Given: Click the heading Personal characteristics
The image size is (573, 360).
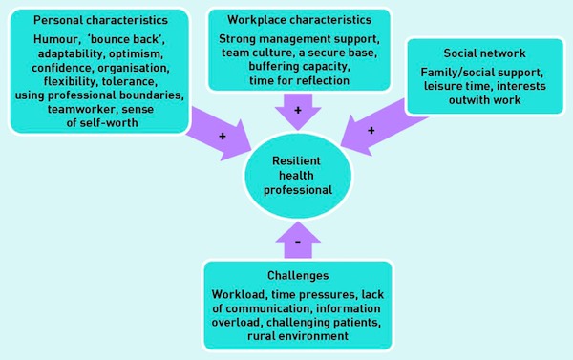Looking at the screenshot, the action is (x=100, y=20).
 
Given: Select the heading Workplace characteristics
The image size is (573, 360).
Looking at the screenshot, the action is (x=299, y=20).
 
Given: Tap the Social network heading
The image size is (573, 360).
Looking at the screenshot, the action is (x=484, y=53).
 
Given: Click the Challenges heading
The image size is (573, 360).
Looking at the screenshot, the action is (x=298, y=276).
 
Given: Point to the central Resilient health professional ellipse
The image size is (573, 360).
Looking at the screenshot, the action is (x=298, y=176).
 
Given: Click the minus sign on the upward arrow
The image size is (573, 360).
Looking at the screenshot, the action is (x=298, y=242).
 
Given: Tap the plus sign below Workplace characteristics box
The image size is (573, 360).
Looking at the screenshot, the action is (x=298, y=110).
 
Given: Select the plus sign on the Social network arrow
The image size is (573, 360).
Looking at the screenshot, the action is (x=371, y=131).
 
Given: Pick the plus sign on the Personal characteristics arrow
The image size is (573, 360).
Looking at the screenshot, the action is (x=223, y=137).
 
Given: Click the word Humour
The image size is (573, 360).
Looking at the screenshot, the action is (x=55, y=39).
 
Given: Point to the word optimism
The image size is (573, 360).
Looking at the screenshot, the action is (x=136, y=53).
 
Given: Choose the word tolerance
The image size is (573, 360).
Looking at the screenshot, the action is (x=130, y=81).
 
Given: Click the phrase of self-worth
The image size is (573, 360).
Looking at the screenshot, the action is (x=102, y=123).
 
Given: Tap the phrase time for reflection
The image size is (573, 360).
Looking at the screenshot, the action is (x=299, y=80).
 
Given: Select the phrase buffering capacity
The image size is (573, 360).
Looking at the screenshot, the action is (x=299, y=67).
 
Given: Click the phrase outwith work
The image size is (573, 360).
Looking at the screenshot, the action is (x=484, y=100).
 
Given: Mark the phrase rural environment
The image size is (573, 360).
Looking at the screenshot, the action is (x=298, y=336).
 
